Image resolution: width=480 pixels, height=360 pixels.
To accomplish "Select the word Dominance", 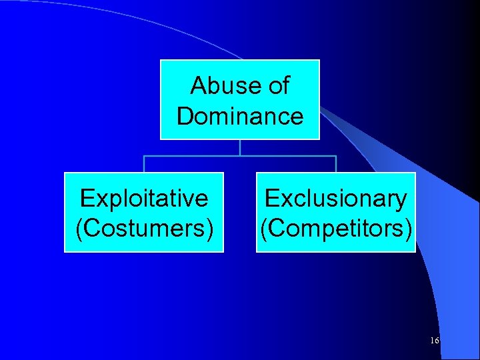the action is [x=240, y=116].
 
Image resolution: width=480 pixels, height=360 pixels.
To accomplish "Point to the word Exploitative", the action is [x=144, y=198].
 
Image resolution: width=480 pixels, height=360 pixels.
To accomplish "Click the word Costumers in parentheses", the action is [x=145, y=227].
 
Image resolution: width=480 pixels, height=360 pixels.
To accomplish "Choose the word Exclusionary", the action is [x=335, y=198].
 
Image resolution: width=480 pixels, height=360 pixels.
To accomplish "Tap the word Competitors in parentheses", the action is [x=336, y=227].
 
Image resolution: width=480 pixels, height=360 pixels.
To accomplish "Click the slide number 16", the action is [x=435, y=341].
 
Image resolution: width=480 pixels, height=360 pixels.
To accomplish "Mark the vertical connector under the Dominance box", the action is [x=240, y=147].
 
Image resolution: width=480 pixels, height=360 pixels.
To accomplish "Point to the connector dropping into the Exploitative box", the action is [x=144, y=164].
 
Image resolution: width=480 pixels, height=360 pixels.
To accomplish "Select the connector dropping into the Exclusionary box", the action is [x=336, y=164].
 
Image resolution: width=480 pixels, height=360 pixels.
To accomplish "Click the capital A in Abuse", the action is [x=198, y=85].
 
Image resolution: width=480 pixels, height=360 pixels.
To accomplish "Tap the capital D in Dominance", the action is [x=185, y=116].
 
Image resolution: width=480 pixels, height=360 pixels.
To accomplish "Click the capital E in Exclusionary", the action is [x=272, y=198].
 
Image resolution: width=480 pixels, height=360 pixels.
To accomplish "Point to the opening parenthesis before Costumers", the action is [x=79, y=228].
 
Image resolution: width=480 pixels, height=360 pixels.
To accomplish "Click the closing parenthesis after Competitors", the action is [x=408, y=228].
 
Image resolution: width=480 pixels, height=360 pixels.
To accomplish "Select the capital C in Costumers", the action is [x=91, y=227].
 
